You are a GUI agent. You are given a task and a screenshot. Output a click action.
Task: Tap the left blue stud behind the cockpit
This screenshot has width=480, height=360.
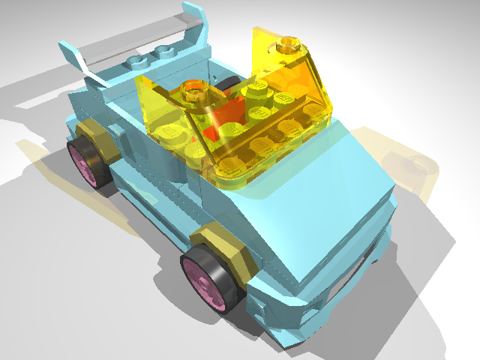click(x=139, y=61)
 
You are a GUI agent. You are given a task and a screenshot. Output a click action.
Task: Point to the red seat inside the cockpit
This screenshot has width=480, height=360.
click(x=229, y=120)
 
